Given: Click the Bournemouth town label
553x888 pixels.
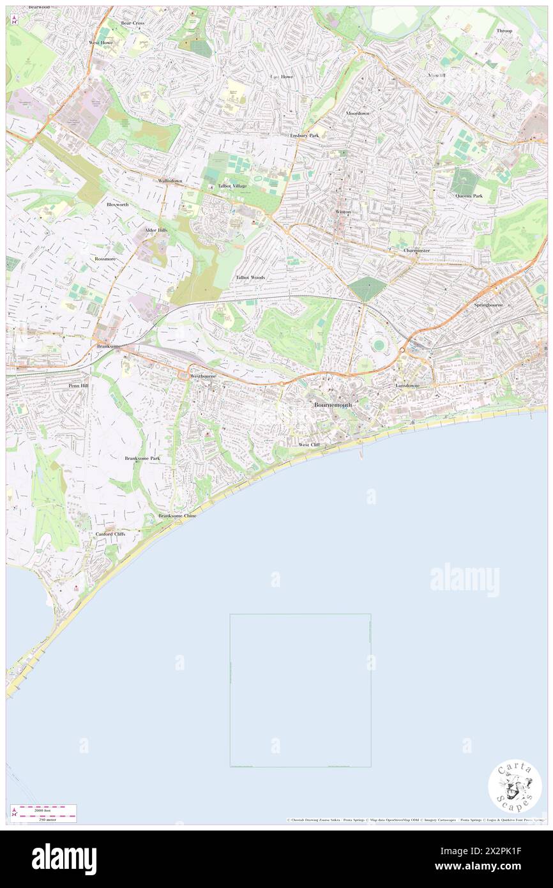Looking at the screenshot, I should click(333, 406).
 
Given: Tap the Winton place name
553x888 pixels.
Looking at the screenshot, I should click(343, 211).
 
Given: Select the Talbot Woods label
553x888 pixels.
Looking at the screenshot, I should click(250, 278).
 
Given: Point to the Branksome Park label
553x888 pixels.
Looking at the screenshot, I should click(142, 459).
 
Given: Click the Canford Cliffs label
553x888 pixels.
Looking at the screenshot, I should click(110, 533).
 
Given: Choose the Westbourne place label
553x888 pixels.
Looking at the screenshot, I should click(203, 376).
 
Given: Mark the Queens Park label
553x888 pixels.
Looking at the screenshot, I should click(469, 195).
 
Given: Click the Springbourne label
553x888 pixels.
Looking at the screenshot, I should click(489, 305).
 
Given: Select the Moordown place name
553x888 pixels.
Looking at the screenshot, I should click(358, 113).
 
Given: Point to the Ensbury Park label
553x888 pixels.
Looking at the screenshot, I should click(304, 135).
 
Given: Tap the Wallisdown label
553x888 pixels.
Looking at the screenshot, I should click(170, 181).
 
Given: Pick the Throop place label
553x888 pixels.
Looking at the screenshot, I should click(504, 31).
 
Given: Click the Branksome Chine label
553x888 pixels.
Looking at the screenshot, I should click(178, 515).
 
